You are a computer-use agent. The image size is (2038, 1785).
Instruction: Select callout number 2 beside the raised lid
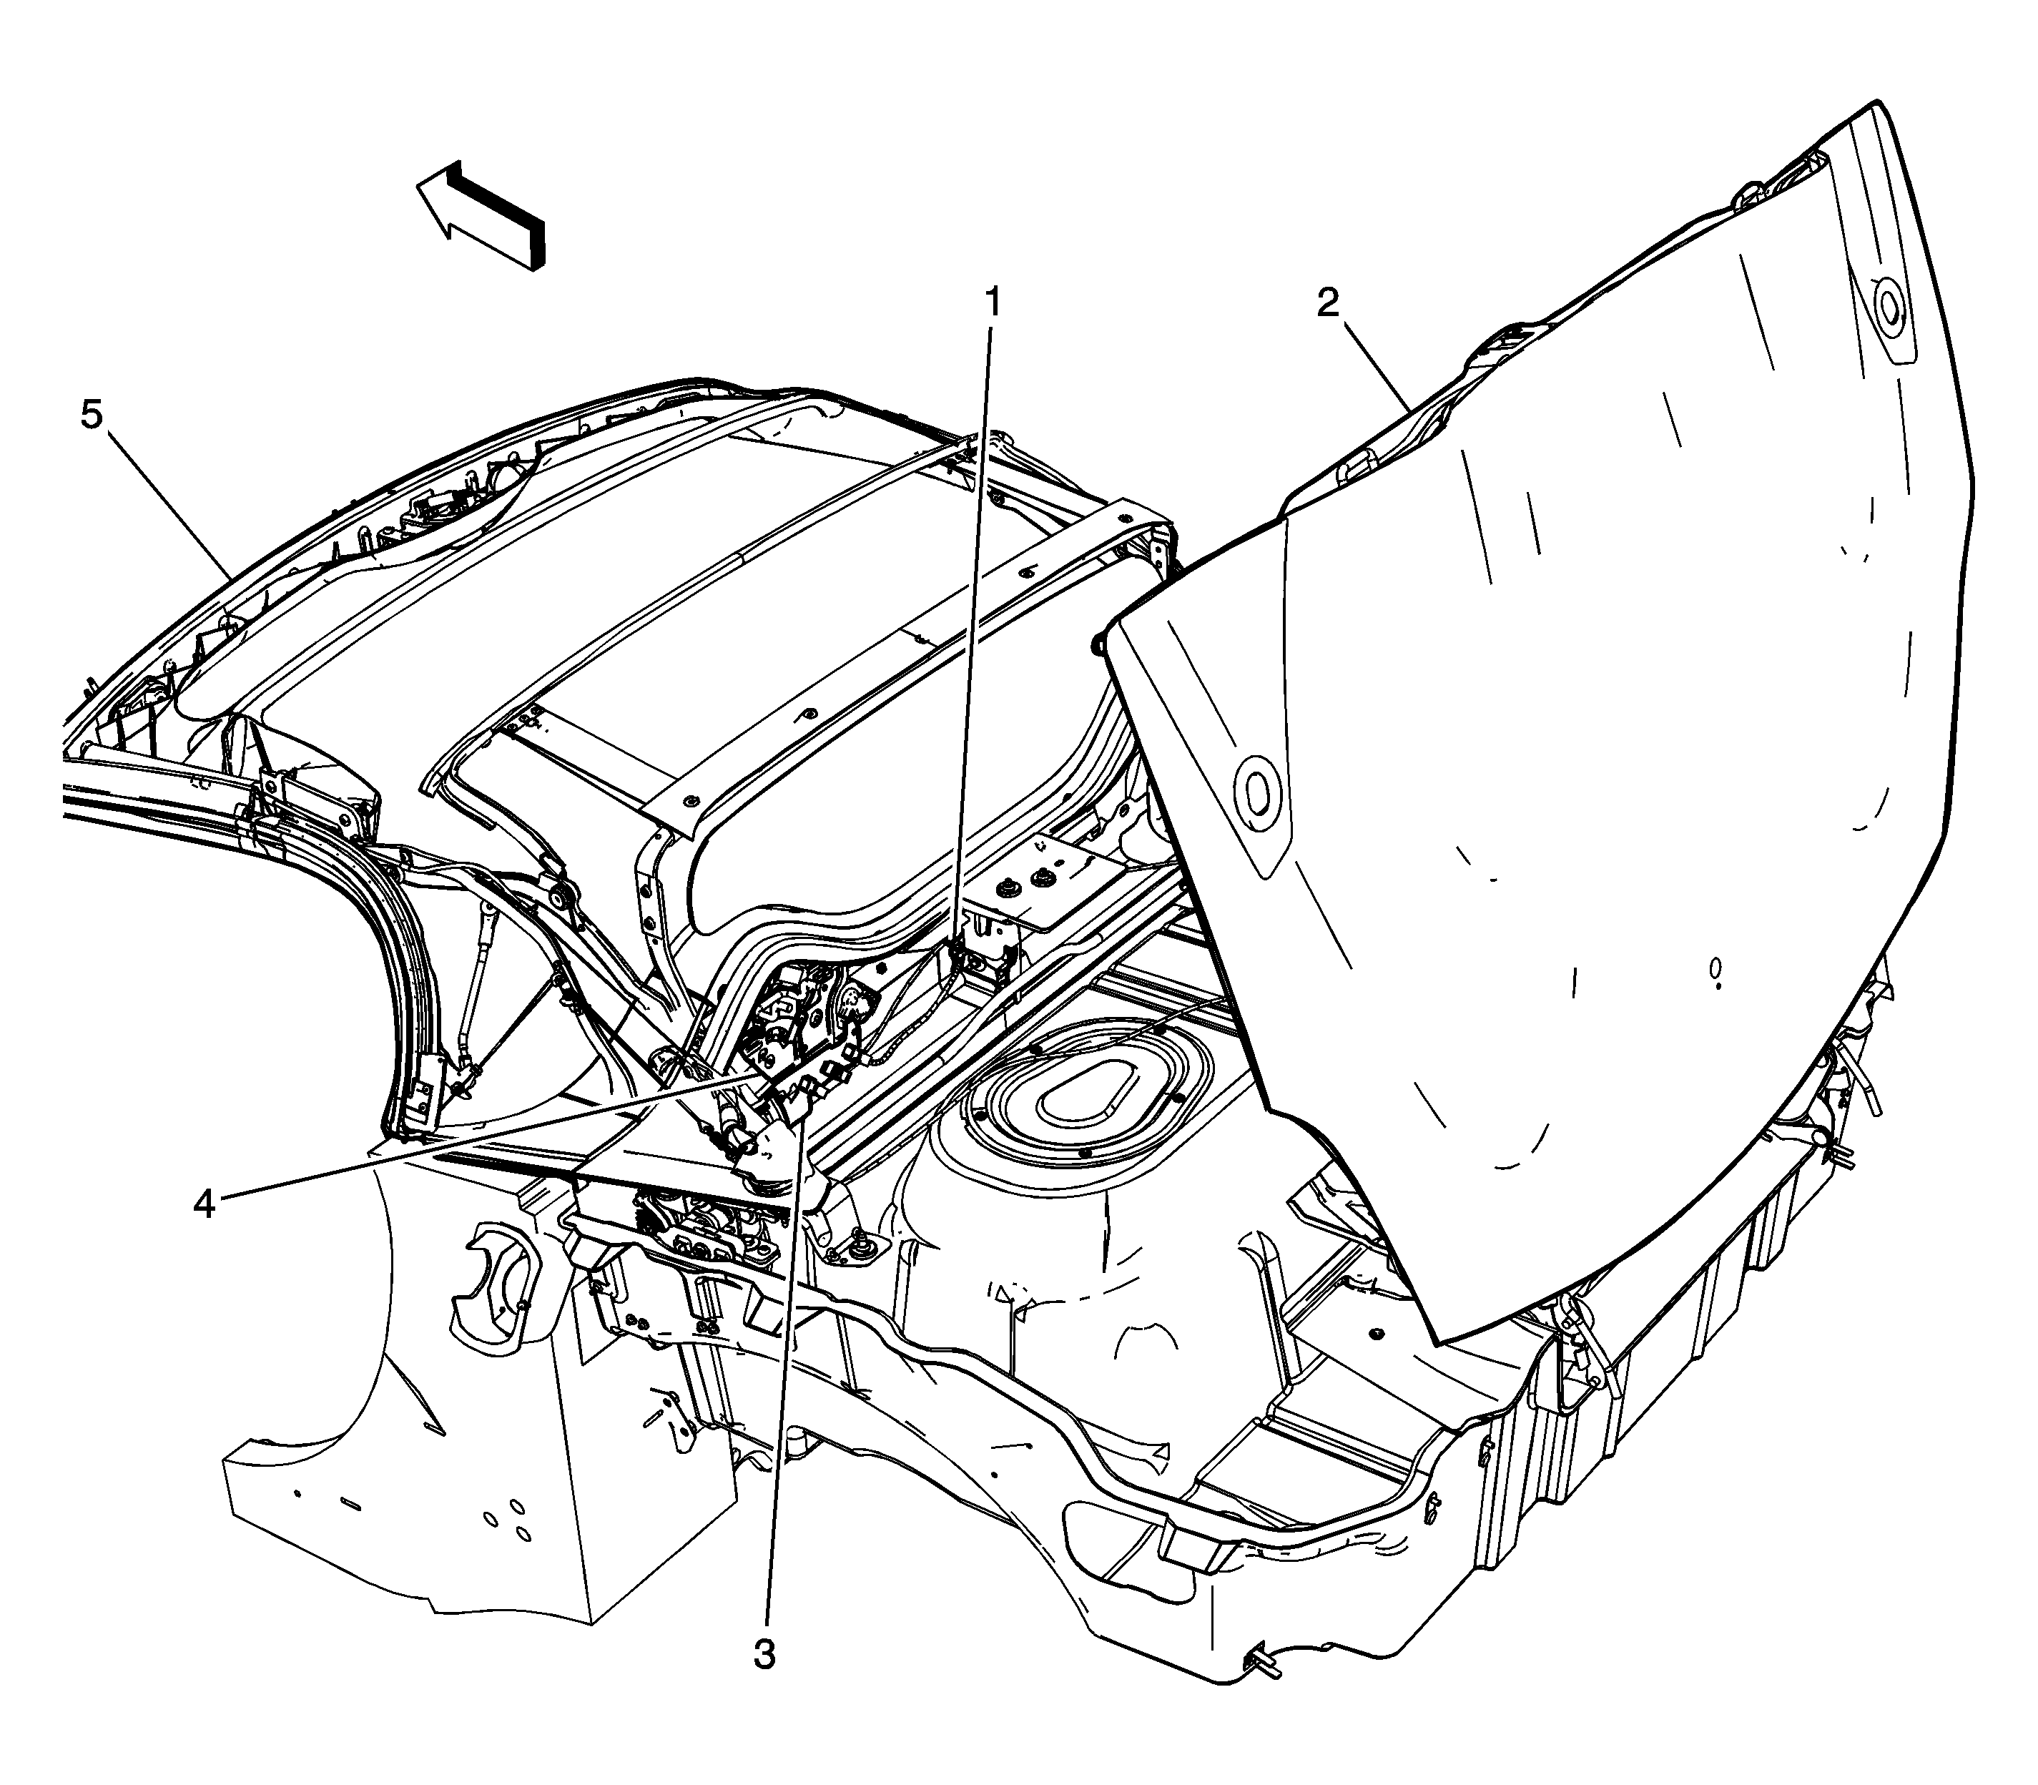[x=1328, y=305]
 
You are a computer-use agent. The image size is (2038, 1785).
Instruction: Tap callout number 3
[x=764, y=1656]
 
